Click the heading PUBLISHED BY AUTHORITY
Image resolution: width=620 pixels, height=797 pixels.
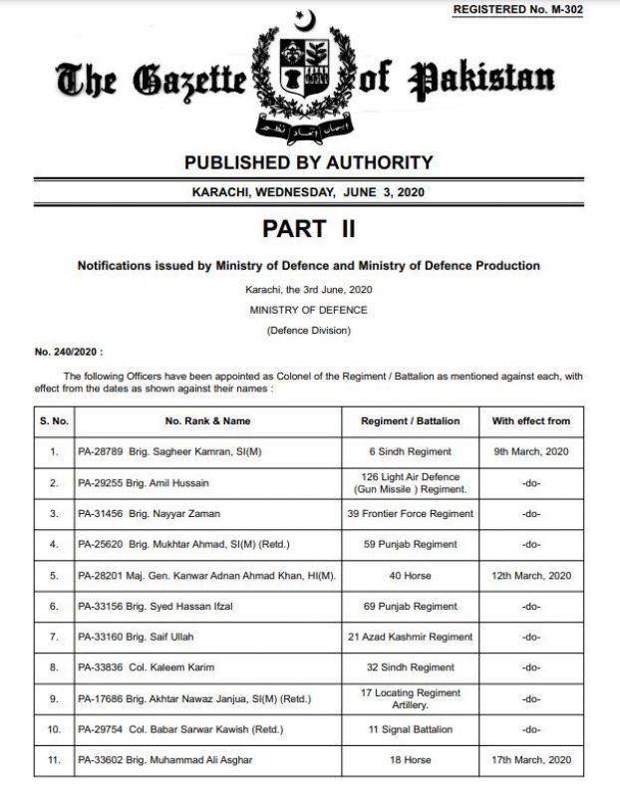[309, 162]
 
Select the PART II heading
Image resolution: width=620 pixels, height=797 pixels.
[309, 228]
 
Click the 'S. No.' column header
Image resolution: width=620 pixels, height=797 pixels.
[54, 421]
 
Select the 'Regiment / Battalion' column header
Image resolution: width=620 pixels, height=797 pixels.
[410, 421]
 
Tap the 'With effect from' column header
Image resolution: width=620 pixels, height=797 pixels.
[530, 421]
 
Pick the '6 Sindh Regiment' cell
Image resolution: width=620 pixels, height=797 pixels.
[410, 451]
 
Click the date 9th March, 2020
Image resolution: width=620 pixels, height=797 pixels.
[530, 451]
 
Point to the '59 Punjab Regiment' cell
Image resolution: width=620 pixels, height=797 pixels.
[410, 544]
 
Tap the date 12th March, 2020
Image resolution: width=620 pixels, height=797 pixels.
[530, 575]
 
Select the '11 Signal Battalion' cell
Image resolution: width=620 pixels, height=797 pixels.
[410, 729]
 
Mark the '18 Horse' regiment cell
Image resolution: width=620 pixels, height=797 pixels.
[410, 760]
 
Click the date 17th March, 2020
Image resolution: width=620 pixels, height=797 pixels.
[530, 760]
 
